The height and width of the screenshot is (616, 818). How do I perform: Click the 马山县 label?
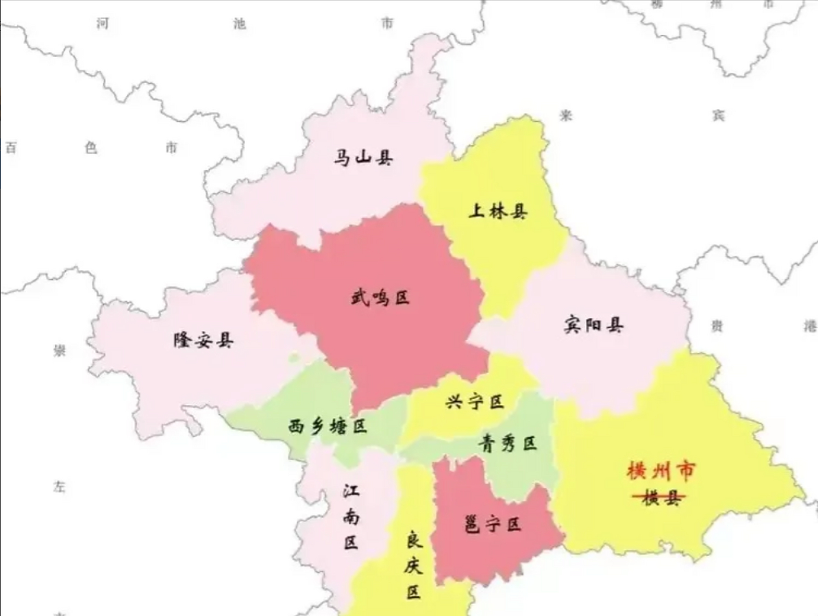363,157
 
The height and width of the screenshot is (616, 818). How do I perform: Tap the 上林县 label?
498,211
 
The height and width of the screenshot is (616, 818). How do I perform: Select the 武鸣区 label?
380,298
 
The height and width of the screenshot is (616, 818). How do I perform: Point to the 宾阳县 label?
593,325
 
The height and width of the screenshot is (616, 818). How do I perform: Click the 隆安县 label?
203,340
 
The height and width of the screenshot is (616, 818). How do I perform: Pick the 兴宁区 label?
475,401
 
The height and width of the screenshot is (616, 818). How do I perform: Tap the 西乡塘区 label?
327,426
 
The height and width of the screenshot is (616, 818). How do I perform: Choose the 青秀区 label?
507,443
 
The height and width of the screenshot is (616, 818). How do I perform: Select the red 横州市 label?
661,471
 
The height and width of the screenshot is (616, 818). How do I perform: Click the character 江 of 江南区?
351,491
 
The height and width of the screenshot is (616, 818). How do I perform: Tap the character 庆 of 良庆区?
413,565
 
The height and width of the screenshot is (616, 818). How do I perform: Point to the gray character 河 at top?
102,23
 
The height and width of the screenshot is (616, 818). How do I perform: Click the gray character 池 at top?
239,23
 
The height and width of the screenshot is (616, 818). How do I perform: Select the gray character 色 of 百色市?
91,148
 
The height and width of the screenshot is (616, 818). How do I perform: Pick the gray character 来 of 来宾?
566,115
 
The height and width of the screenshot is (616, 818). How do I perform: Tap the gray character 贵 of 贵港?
717,326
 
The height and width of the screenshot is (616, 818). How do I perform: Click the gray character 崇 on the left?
59,350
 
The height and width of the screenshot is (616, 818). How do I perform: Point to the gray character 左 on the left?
59,487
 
